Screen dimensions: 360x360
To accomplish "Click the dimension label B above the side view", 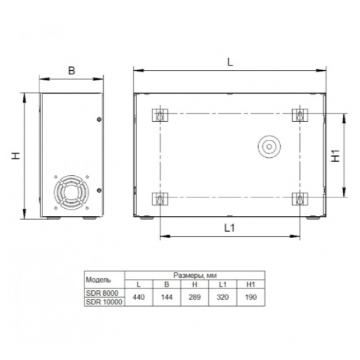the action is tap(71, 70).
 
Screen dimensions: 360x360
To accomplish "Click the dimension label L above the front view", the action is tap(230, 62).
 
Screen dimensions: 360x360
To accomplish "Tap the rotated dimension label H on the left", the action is tap(16, 156).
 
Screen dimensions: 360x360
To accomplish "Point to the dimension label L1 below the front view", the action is tap(230, 228).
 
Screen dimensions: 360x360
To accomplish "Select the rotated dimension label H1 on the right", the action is tap(335, 155).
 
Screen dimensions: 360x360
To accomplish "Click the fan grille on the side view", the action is tap(71, 193).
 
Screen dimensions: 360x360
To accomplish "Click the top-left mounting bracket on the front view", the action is tap(160, 115).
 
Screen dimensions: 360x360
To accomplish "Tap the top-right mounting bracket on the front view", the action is tap(300, 115).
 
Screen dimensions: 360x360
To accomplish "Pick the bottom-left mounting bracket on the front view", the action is tap(160, 199).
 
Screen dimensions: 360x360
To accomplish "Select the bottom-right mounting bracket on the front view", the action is tap(300, 199).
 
